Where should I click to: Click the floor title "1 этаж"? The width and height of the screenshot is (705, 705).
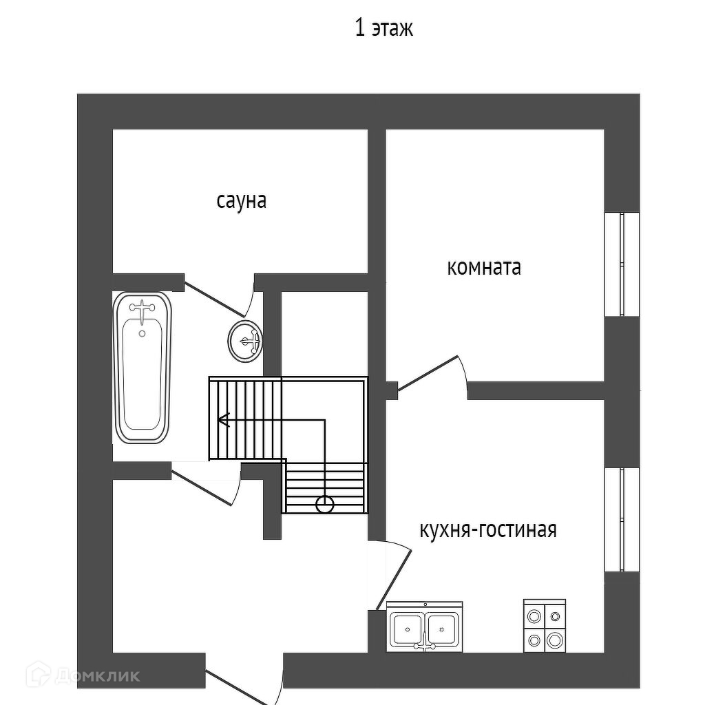tap(383, 29)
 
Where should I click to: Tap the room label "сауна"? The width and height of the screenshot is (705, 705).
tap(242, 201)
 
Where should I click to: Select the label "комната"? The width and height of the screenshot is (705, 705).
tap(484, 267)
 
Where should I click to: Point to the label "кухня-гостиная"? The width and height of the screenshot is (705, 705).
tap(487, 530)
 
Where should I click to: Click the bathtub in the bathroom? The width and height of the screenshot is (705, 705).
tap(142, 368)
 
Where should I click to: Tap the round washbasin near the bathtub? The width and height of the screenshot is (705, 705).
tap(245, 340)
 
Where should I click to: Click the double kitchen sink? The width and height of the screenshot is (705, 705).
tap(423, 627)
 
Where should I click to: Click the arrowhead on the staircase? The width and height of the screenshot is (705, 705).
tap(222, 419)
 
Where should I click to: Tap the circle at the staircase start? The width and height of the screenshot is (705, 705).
tap(324, 505)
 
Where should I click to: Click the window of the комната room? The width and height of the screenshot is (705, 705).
tap(622, 264)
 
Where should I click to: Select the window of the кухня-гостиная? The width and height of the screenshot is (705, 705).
tap(622, 520)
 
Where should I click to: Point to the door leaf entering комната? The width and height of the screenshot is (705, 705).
tap(428, 374)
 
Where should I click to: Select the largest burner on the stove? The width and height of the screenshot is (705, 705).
tap(554, 641)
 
